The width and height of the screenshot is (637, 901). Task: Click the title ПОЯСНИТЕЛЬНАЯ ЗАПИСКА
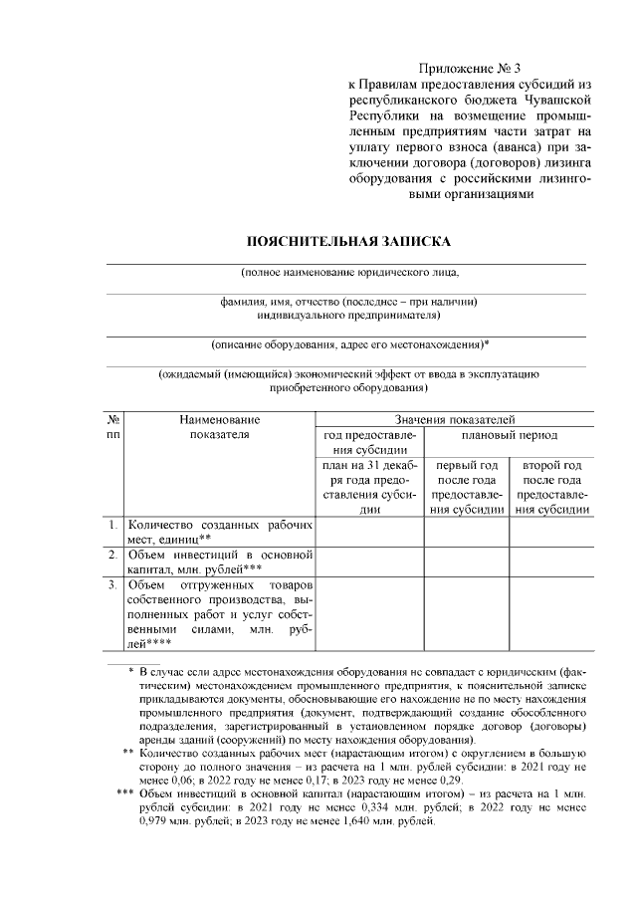coord(348,242)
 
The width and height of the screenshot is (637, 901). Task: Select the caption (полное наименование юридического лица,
coord(349,272)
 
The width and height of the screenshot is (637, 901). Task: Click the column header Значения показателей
coord(454,421)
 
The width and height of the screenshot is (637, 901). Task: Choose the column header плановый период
coord(509,436)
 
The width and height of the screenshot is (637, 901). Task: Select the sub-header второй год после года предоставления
coord(551,488)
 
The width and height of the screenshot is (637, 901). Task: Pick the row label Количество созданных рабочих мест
coord(219,532)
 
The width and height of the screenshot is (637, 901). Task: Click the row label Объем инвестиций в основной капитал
coord(219,561)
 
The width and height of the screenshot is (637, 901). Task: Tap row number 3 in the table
coord(113,582)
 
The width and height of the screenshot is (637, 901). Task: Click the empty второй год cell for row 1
coord(551,532)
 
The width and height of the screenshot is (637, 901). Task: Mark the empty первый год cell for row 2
coord(467,561)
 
